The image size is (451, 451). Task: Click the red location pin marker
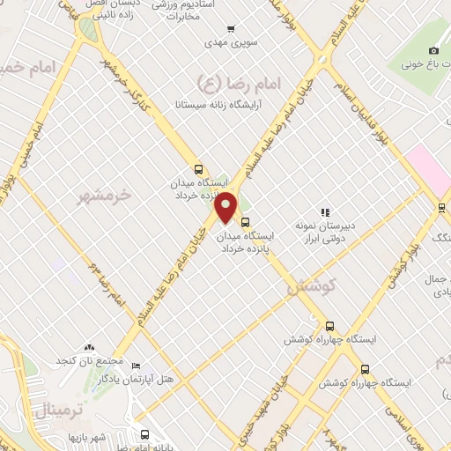click(226, 206)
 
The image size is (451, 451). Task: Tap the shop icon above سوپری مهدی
click(232, 29)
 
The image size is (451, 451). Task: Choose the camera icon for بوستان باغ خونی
click(433, 50)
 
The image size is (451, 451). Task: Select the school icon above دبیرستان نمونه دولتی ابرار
click(325, 212)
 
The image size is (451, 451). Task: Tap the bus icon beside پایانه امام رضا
click(145, 433)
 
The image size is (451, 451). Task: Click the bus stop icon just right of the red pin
click(245, 221)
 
